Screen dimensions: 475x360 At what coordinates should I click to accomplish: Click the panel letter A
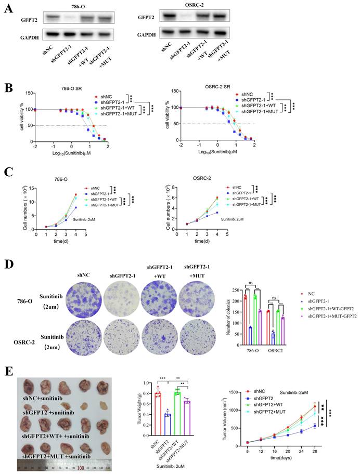(x=7, y=10)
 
